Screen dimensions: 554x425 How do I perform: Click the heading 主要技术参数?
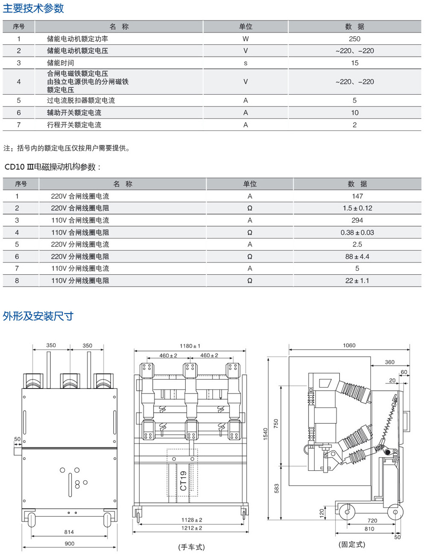[x=33, y=8]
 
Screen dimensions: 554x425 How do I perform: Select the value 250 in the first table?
[x=354, y=39]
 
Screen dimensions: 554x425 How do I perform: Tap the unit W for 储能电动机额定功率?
[x=245, y=39]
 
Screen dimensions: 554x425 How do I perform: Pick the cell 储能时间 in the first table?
[x=60, y=63]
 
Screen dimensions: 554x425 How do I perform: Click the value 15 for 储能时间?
[x=355, y=63]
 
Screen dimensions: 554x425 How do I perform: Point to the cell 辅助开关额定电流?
[x=74, y=113]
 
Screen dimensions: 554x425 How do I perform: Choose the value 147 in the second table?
[x=357, y=196]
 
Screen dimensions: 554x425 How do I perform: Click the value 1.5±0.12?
[x=357, y=208]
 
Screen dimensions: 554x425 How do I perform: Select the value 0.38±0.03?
[x=357, y=232]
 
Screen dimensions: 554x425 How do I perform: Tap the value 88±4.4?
[x=357, y=257]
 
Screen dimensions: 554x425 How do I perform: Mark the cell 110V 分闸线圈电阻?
[x=80, y=281]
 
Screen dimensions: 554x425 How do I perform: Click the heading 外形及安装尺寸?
[x=38, y=316]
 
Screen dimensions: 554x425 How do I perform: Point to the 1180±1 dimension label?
[x=190, y=346]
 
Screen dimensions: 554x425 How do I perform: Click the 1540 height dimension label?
[x=265, y=434]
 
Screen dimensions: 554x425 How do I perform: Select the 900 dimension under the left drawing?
[x=69, y=544]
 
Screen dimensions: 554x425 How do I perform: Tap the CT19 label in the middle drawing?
[x=183, y=481]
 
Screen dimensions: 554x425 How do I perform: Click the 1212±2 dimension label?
[x=192, y=528]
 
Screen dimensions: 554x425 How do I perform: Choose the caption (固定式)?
[x=352, y=545]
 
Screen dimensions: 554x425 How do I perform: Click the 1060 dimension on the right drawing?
[x=349, y=345]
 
